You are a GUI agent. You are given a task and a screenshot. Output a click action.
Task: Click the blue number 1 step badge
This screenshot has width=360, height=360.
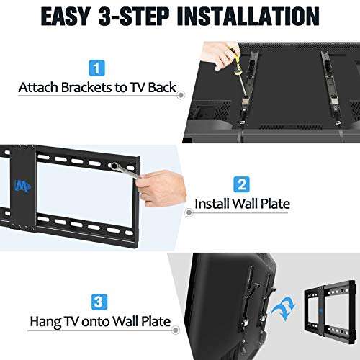tap(96, 70)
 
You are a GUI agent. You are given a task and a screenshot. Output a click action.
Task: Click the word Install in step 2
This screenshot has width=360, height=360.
tap(213, 204)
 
